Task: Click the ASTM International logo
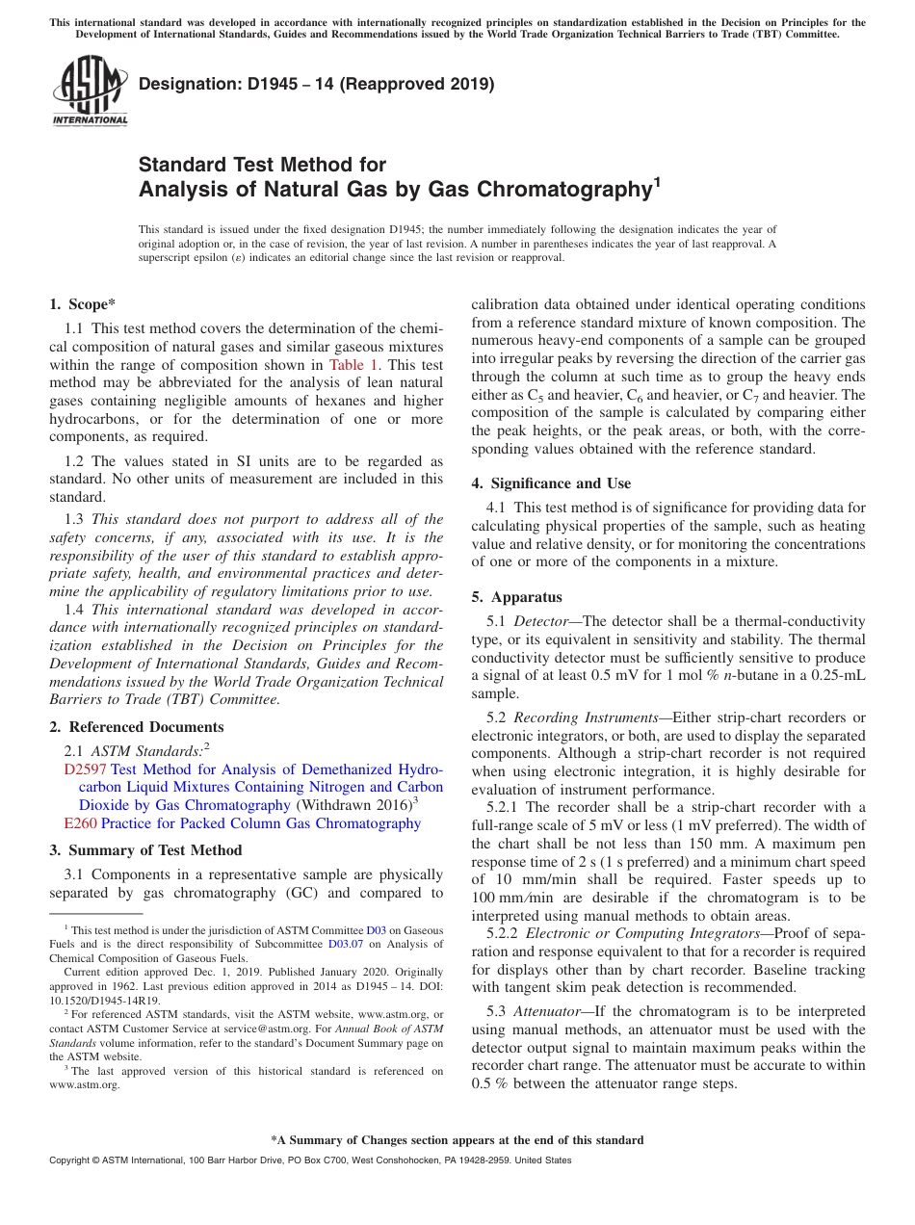tap(89, 92)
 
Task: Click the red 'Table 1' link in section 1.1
tap(353, 365)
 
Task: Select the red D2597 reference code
tap(85, 769)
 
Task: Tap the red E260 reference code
tap(80, 823)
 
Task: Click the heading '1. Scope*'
tap(83, 304)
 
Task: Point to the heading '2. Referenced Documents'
tap(136, 727)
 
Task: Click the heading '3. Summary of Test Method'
tap(145, 850)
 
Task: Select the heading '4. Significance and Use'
tap(551, 483)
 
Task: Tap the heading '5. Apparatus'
tap(516, 597)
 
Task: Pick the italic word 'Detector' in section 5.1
tap(540, 621)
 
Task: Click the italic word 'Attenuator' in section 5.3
tap(545, 1011)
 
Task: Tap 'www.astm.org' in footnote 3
tap(84, 1084)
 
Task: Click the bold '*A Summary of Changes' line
tap(457, 1140)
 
